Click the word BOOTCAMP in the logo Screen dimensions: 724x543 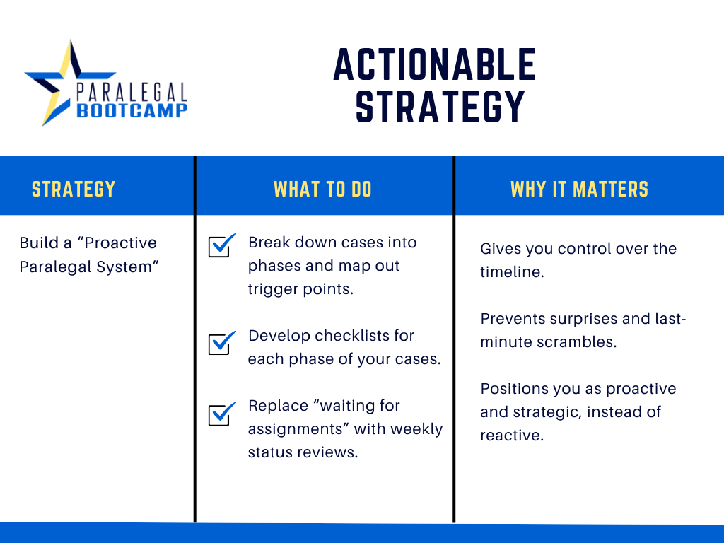132,111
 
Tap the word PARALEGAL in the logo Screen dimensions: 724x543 132,93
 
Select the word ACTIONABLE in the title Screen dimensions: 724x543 435,65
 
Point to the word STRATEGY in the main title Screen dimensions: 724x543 440,107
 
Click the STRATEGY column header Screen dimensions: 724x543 74,189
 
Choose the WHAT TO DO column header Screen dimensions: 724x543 322,189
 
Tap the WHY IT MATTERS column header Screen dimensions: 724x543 580,189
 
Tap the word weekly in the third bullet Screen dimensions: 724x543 416,429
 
